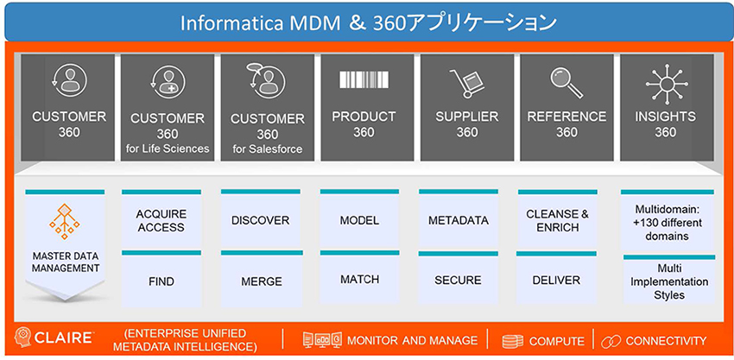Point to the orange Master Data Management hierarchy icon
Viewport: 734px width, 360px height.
[x=65, y=221]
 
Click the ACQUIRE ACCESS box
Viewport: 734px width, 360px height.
[x=161, y=221]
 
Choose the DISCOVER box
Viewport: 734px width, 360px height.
[x=260, y=220]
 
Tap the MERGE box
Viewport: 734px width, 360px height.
[x=260, y=281]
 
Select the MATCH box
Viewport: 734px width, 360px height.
[x=359, y=281]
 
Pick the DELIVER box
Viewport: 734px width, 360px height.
[x=557, y=281]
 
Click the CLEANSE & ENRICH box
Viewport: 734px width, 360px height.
[x=557, y=221]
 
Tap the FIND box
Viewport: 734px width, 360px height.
[x=161, y=281]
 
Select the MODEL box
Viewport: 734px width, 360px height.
[x=359, y=220]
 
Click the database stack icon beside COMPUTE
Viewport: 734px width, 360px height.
[x=513, y=340]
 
